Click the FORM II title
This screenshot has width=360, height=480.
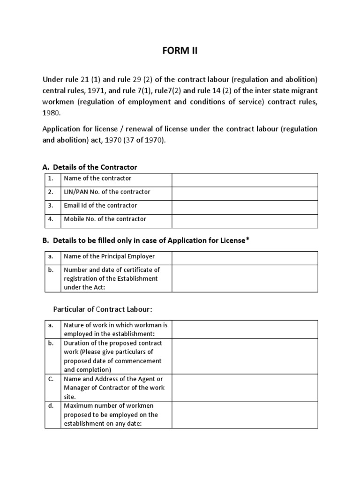[180, 51]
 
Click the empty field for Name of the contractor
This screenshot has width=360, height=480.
[244, 180]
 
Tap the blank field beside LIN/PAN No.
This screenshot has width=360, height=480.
[244, 193]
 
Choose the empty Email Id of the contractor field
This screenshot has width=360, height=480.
[244, 207]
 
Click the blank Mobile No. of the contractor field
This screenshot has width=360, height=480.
[244, 220]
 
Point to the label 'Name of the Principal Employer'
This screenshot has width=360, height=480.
[109, 256]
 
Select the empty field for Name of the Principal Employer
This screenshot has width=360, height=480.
[244, 258]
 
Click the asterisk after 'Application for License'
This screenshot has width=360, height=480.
[247, 240]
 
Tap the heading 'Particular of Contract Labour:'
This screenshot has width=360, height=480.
[103, 309]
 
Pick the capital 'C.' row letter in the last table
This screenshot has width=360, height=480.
[51, 379]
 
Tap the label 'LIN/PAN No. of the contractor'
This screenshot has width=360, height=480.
[107, 192]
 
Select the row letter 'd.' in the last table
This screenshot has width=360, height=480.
[51, 405]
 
